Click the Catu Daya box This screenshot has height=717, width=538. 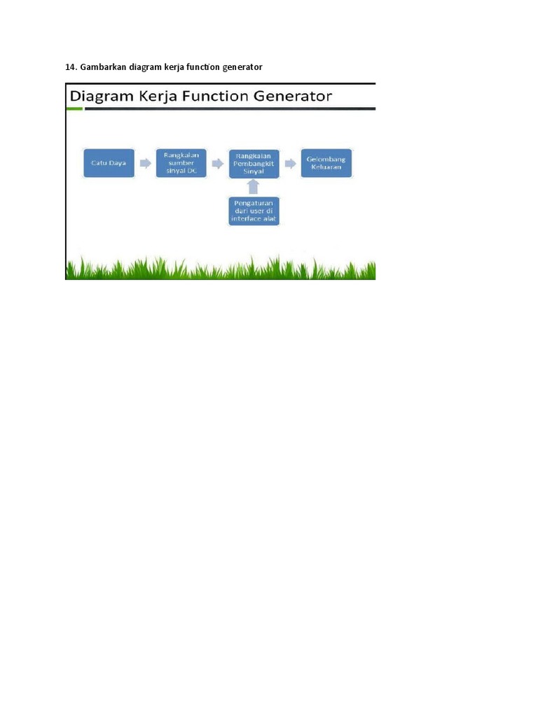(109, 162)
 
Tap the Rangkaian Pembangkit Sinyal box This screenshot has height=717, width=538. (254, 164)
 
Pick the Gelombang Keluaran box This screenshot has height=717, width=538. (327, 162)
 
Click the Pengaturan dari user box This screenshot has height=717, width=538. (254, 210)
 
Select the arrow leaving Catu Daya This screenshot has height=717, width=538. (146, 163)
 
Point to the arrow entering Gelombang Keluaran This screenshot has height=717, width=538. (290, 163)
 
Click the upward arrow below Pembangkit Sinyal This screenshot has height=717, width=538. (254, 186)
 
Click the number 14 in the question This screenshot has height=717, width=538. (70, 67)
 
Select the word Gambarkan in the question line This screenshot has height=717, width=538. (102, 67)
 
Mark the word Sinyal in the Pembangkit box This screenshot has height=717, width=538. (254, 170)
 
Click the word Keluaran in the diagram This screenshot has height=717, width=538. (327, 168)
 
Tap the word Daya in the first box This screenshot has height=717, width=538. (118, 162)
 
